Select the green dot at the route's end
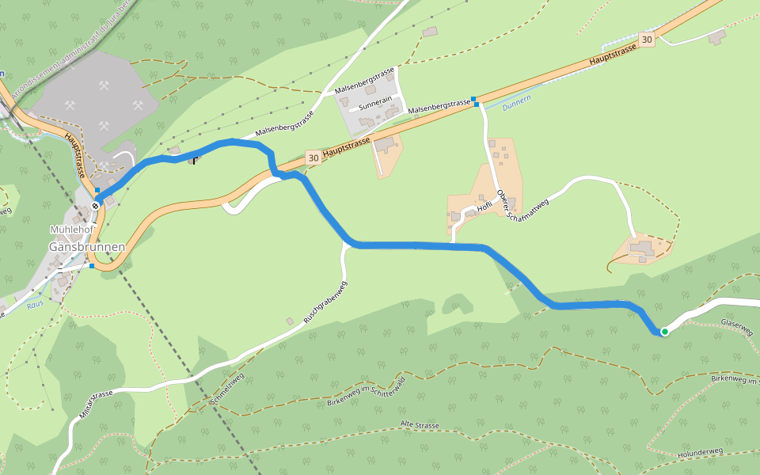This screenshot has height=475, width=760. [x=665, y=332]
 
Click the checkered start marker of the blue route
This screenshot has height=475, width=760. [x=95, y=206]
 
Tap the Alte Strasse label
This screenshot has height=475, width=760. [x=420, y=426]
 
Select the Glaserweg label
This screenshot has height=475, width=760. [x=736, y=327]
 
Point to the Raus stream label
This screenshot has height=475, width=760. [x=34, y=304]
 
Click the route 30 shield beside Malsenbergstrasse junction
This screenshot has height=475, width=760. [x=313, y=158]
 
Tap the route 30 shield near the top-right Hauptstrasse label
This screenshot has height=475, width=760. [x=648, y=39]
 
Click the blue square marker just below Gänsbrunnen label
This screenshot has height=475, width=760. [x=92, y=266]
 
